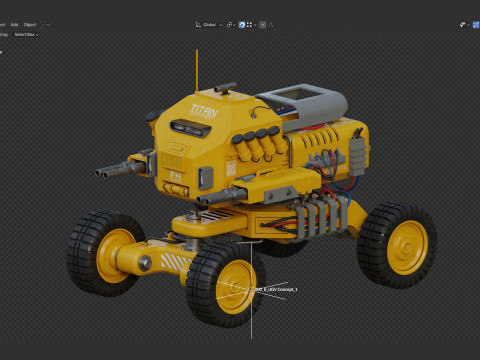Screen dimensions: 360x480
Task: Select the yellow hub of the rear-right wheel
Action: (x=406, y=247)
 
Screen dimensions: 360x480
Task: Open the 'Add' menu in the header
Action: (x=15, y=23)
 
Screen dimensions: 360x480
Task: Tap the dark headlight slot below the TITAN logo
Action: (x=186, y=126)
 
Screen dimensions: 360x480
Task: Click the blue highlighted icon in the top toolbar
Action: (x=241, y=23)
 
